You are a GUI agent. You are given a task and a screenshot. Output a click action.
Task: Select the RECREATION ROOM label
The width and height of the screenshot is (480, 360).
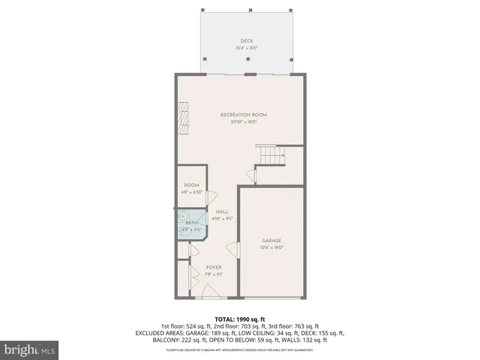243,115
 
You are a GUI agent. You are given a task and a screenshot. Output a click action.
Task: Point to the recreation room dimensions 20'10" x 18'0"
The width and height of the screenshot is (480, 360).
243,122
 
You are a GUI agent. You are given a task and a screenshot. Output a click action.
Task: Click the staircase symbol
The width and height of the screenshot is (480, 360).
270,155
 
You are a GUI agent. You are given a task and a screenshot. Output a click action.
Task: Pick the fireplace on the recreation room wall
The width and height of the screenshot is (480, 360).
182,116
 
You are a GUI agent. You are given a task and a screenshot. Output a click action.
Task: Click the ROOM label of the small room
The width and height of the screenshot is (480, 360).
190,185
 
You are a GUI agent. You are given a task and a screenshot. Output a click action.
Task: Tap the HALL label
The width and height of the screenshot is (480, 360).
222,212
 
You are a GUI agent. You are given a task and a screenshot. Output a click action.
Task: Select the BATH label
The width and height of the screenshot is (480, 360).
191,223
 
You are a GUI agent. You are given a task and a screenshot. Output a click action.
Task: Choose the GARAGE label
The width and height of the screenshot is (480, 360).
271,241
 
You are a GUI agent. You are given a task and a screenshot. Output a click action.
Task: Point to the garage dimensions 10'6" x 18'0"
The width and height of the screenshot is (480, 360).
271,248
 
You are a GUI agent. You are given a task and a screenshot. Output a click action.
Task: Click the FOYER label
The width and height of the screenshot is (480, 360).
213,267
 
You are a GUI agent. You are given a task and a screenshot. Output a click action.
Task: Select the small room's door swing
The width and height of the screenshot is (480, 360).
211,196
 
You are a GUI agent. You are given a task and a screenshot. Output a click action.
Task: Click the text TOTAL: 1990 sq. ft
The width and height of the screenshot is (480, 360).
240,319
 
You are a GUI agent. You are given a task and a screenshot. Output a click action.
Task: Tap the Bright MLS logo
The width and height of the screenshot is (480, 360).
30,349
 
